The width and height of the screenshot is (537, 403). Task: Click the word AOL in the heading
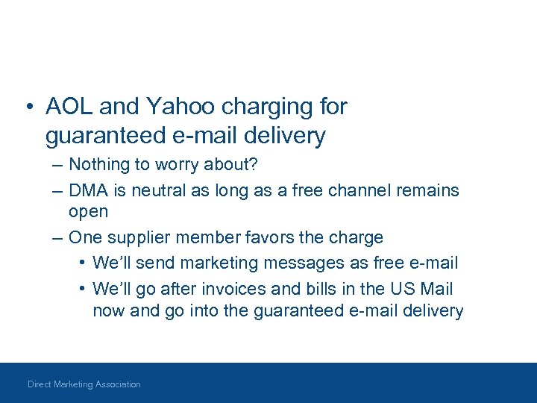(69, 107)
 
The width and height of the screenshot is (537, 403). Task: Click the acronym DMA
(89, 190)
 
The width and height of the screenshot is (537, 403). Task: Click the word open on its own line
(88, 212)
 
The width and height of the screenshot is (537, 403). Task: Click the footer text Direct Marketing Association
(84, 384)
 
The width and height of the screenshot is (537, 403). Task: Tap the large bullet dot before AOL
(28, 107)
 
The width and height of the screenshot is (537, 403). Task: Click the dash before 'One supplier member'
(57, 238)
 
